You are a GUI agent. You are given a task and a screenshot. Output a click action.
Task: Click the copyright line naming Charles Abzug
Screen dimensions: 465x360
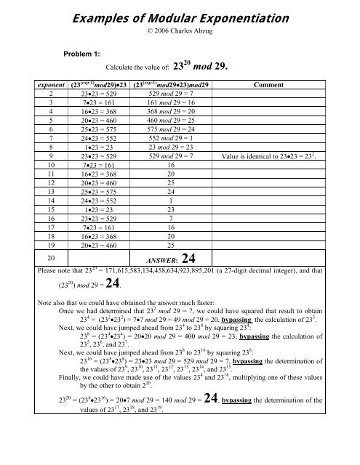(x=180, y=31)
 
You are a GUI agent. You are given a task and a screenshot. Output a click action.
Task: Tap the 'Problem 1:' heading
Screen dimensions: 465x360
(x=84, y=54)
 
